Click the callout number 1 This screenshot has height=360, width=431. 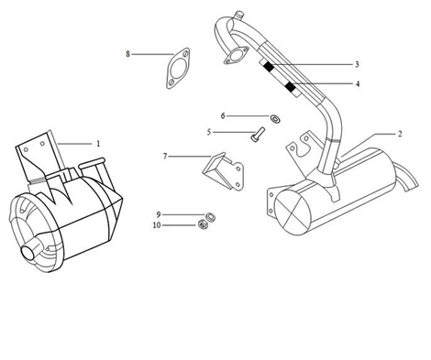(x=98, y=143)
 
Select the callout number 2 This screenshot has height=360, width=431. (x=399, y=134)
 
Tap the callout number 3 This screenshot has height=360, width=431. (x=356, y=64)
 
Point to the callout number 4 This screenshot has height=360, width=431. (x=358, y=84)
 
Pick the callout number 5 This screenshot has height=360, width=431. (x=209, y=132)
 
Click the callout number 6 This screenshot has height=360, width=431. (x=222, y=116)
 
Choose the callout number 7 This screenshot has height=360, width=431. (x=165, y=157)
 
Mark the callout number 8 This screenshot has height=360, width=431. (x=127, y=55)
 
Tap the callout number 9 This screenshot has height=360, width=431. (x=158, y=214)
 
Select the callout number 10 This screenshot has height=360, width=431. (x=157, y=224)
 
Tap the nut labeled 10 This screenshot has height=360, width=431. (x=203, y=225)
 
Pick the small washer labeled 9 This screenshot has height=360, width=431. (x=207, y=216)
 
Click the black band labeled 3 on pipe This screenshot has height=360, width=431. (x=267, y=66)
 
